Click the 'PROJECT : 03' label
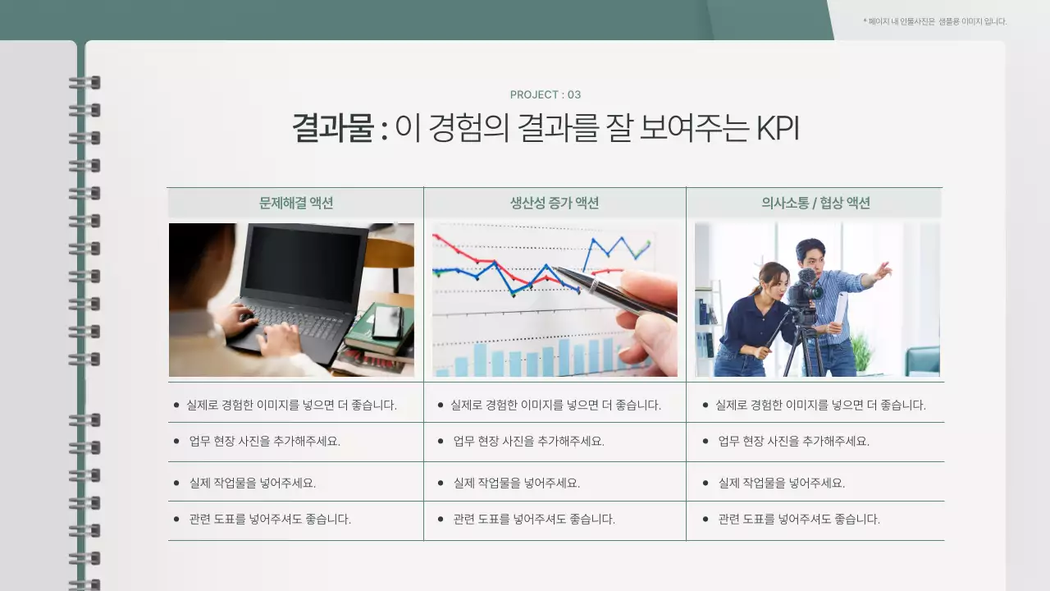546,94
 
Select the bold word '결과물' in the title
332,129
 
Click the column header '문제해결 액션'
296,203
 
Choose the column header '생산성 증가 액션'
555,203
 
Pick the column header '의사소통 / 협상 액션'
815,203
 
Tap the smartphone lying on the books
386,322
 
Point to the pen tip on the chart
556,268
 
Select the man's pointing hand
882,270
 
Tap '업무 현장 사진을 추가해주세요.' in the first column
264,441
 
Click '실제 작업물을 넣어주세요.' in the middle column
517,483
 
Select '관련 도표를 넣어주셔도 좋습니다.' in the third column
799,519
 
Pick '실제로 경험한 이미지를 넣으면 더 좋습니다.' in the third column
820,405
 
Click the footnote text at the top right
935,21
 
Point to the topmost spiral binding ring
84,82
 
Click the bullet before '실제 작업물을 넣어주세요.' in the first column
176,483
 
